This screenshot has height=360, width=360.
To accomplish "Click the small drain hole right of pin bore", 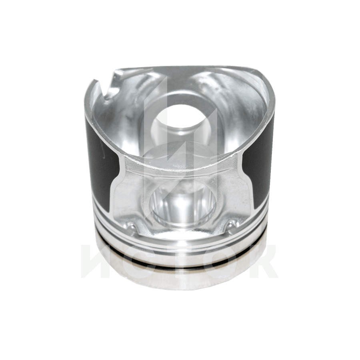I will (232, 224).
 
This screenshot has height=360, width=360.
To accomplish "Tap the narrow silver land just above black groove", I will (180, 256).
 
